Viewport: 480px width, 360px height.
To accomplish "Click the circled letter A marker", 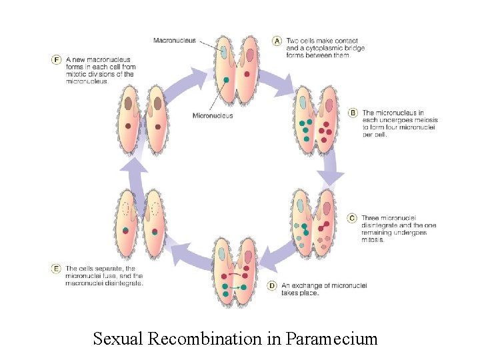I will pyautogui.click(x=277, y=41).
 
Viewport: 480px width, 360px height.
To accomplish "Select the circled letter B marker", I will pyautogui.click(x=353, y=113).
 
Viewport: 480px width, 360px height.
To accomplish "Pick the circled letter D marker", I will pyautogui.click(x=271, y=285).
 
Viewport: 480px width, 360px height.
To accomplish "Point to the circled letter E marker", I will pyautogui.click(x=57, y=269).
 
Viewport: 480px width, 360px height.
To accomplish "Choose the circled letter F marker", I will pyautogui.click(x=57, y=60).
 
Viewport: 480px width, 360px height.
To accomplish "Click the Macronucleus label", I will pyautogui.click(x=175, y=40).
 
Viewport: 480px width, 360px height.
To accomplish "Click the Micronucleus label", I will pyautogui.click(x=213, y=115).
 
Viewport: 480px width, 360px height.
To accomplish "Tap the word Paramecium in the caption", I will pyautogui.click(x=331, y=339).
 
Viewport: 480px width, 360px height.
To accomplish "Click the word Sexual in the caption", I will pyautogui.click(x=119, y=339).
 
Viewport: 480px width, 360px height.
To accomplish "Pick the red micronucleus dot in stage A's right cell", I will pyautogui.click(x=247, y=74).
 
